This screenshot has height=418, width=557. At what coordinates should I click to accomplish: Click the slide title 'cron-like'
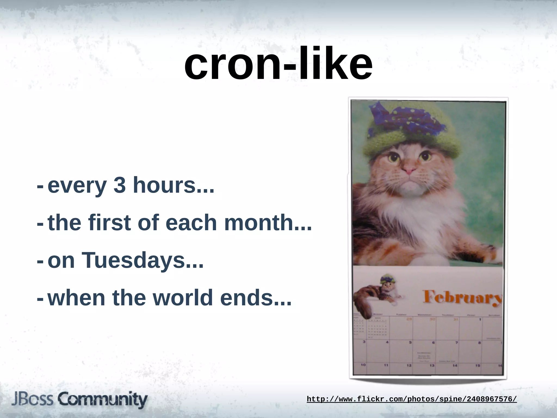pyautogui.click(x=278, y=64)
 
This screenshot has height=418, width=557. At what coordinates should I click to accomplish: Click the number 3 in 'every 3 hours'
pyautogui.click(x=119, y=185)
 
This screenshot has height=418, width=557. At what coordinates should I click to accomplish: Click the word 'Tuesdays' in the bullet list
pyautogui.click(x=133, y=260)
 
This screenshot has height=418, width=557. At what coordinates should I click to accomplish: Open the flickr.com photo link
pyautogui.click(x=412, y=399)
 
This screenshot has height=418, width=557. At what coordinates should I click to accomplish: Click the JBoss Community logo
pyautogui.click(x=79, y=399)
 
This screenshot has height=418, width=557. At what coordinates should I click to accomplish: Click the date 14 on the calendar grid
pyautogui.click(x=455, y=365)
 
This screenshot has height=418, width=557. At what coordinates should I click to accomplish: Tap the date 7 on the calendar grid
pyautogui.click(x=457, y=343)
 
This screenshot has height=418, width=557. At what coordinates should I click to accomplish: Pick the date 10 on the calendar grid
pyautogui.click(x=363, y=365)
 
